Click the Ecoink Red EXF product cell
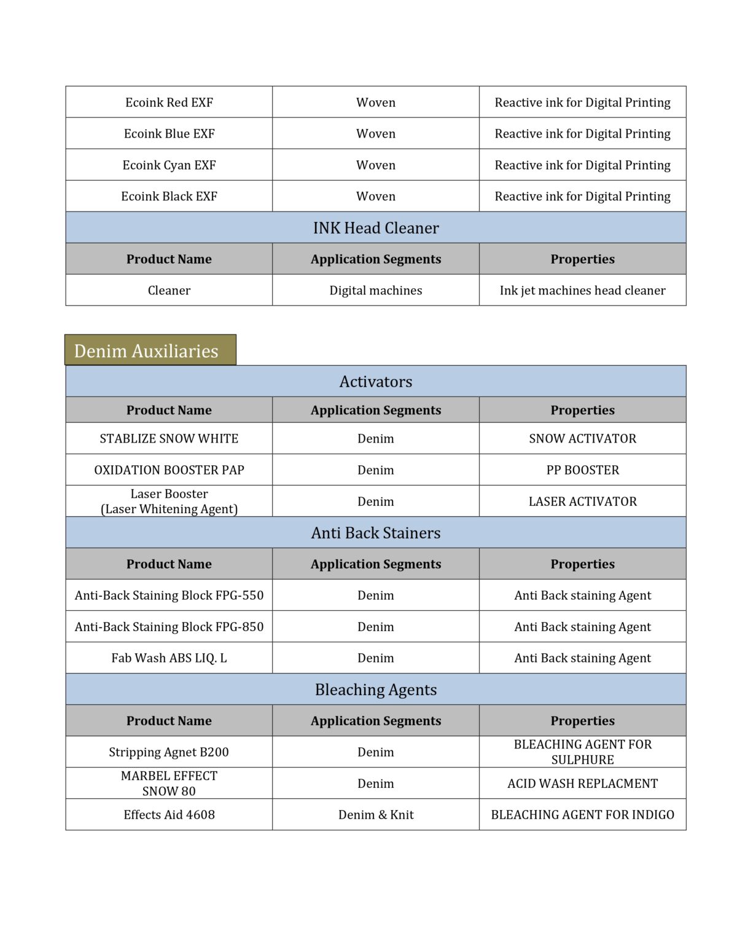pyautogui.click(x=169, y=103)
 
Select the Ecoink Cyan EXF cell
pyautogui.click(x=169, y=165)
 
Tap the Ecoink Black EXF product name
pyautogui.click(x=169, y=197)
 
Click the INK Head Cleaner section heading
pyautogui.click(x=375, y=228)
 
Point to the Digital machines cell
pyautogui.click(x=375, y=291)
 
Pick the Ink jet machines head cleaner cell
pyautogui.click(x=582, y=291)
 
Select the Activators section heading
pyautogui.click(x=375, y=382)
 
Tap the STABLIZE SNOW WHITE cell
pyautogui.click(x=169, y=439)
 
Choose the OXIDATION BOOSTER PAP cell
pyautogui.click(x=169, y=470)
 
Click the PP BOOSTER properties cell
pyautogui.click(x=582, y=470)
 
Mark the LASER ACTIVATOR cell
pyautogui.click(x=582, y=502)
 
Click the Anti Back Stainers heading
pyautogui.click(x=375, y=533)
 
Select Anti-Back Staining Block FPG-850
pyautogui.click(x=169, y=627)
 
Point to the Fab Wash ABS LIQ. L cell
pyautogui.click(x=169, y=658)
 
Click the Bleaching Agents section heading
pyautogui.click(x=375, y=690)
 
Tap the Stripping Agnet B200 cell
pyautogui.click(x=169, y=752)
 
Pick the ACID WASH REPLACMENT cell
pyautogui.click(x=582, y=784)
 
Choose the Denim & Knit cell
pyautogui.click(x=375, y=815)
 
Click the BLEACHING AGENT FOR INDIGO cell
pyautogui.click(x=582, y=815)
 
